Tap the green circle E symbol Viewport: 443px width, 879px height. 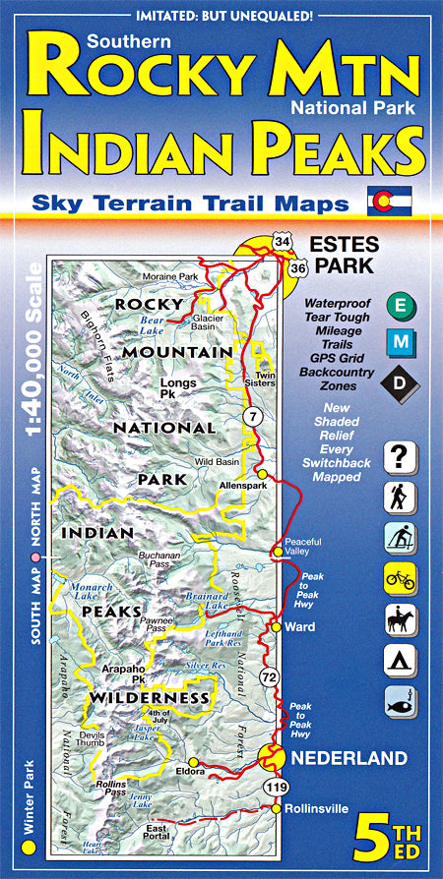401,306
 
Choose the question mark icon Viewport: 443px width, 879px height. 401,457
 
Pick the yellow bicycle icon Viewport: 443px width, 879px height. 401,579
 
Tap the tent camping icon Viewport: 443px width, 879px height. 401,661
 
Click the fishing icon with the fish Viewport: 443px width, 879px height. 401,702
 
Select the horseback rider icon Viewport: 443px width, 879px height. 401,619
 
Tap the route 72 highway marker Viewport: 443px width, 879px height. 268,677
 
